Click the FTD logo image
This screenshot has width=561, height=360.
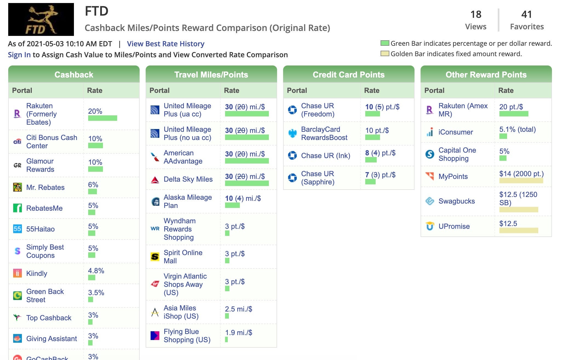(x=41, y=19)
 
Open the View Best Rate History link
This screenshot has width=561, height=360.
(x=166, y=44)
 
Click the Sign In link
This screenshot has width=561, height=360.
(x=19, y=55)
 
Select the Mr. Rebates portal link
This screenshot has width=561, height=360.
(x=45, y=187)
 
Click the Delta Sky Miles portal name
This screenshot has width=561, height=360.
(x=188, y=179)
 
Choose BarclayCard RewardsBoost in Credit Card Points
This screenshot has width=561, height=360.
(x=324, y=133)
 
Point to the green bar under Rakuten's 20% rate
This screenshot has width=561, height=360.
(x=102, y=118)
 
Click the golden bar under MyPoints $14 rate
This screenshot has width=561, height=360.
(x=521, y=181)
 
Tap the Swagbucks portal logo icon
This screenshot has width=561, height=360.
(x=430, y=201)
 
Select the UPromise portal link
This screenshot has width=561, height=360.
(x=454, y=226)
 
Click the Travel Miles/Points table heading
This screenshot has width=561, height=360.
(x=211, y=75)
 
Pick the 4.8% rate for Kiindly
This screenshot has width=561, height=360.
(x=96, y=271)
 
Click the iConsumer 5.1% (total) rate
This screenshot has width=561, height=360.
(x=517, y=129)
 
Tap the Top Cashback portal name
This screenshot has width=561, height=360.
(x=49, y=318)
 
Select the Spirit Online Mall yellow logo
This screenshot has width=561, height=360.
(x=155, y=257)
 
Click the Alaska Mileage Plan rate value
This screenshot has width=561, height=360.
(x=243, y=198)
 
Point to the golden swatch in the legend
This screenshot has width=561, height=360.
(x=385, y=54)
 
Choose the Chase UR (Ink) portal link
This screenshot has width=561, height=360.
(x=326, y=156)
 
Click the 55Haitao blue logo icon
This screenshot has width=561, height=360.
(x=17, y=229)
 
